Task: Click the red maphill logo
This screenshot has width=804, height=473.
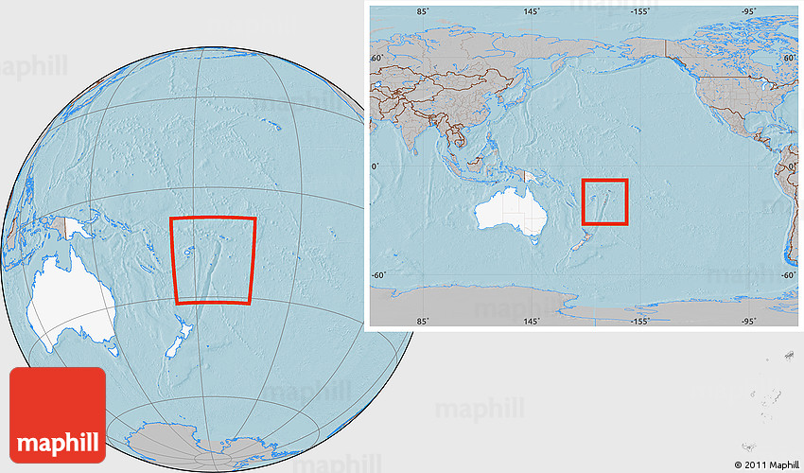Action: [x=58, y=415]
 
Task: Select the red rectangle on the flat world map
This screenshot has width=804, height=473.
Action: [x=604, y=201]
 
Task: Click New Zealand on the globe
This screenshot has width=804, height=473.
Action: [x=180, y=340]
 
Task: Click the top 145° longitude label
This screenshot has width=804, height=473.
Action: [x=532, y=11]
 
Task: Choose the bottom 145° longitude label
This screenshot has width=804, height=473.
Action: [x=532, y=322]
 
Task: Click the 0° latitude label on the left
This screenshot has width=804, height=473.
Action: [x=376, y=166]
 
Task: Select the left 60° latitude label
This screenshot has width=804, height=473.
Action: [x=376, y=58]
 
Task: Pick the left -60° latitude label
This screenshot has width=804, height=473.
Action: [x=378, y=275]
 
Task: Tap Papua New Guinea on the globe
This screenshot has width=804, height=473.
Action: [x=69, y=228]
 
